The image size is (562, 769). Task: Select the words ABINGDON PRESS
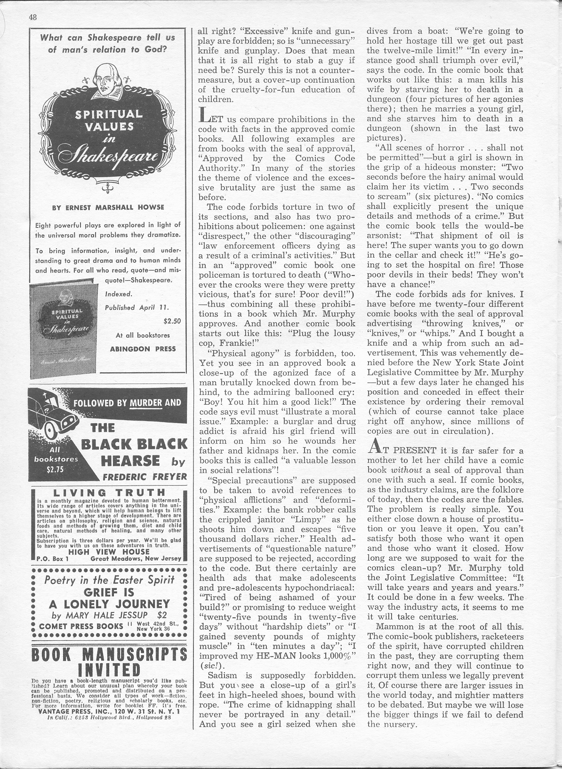[143, 349]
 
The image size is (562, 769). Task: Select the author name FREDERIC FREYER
[145, 476]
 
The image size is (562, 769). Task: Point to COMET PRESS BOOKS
[82, 626]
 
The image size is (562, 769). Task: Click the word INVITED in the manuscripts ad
[109, 669]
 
